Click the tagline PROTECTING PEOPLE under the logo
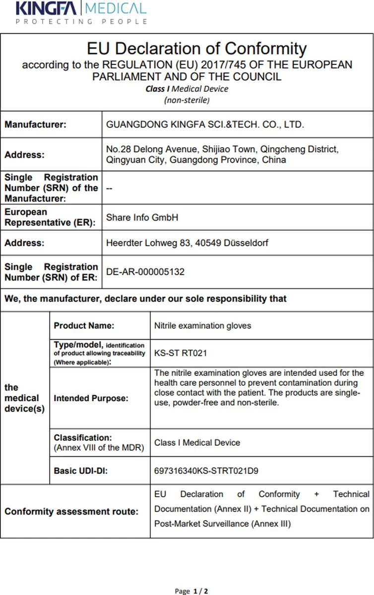81,21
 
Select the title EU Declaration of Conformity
196,49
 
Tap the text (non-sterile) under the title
187,100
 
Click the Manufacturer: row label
35,125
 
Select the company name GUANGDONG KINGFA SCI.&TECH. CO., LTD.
205,125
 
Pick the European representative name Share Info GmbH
142,218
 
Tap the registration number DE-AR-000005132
145,272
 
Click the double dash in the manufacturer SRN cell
109,188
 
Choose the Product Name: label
84,326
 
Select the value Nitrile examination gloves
203,326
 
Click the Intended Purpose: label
91,398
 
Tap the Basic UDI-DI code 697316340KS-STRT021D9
206,471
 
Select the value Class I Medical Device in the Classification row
197,442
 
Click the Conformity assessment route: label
71,512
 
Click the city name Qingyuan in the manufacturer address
123,160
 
